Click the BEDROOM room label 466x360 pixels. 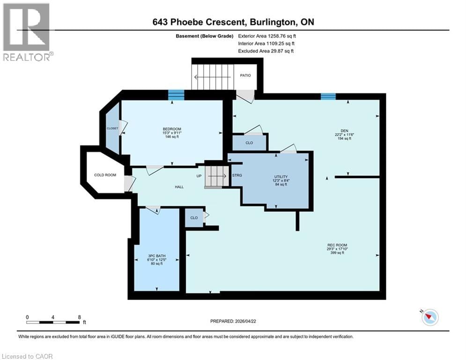point(172,129)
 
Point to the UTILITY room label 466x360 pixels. point(281,177)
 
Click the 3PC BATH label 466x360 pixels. point(156,256)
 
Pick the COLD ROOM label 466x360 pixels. point(105,175)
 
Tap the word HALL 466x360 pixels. point(179,187)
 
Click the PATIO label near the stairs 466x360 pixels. point(245,75)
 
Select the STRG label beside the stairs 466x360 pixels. point(237,176)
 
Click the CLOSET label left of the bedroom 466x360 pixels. point(112,128)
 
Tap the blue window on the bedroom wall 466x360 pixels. point(176,95)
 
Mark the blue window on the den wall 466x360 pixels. point(328,96)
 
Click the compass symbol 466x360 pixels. point(429,317)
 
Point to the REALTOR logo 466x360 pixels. point(28,32)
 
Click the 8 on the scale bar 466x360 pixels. point(79,317)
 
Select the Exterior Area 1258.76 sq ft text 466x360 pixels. point(267,35)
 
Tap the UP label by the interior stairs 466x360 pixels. point(199,176)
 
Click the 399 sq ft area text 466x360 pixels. point(337,253)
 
